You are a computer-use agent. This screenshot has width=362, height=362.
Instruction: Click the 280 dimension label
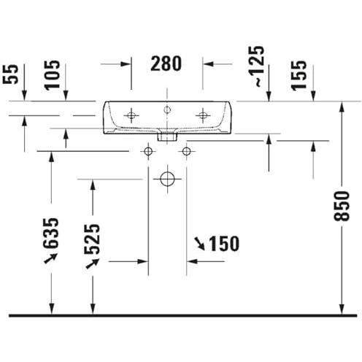point(166,63)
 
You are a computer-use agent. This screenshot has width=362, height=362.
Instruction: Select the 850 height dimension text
point(342,206)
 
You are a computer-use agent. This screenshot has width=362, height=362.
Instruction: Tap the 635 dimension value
point(51,233)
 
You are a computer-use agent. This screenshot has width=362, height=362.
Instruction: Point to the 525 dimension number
point(92,239)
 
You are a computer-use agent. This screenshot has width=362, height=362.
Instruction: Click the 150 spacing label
point(224,244)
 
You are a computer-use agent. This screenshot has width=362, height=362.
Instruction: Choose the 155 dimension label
point(299,75)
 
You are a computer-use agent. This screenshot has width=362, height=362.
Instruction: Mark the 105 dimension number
point(52,75)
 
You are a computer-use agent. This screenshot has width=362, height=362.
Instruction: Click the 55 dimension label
point(10,74)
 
